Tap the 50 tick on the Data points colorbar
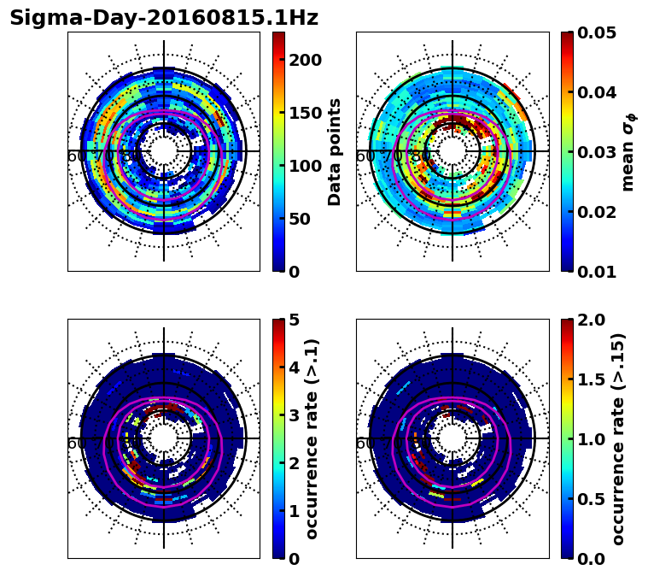click(305, 219)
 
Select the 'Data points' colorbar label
click(335, 151)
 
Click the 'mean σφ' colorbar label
click(628, 152)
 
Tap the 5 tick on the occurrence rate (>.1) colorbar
click(295, 320)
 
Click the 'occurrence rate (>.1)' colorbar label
click(312, 438)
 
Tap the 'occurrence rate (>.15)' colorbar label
click(619, 438)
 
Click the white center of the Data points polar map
click(163, 151)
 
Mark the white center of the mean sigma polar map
click(452, 151)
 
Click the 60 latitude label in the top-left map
click(75, 156)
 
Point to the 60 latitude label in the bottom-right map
click(364, 444)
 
